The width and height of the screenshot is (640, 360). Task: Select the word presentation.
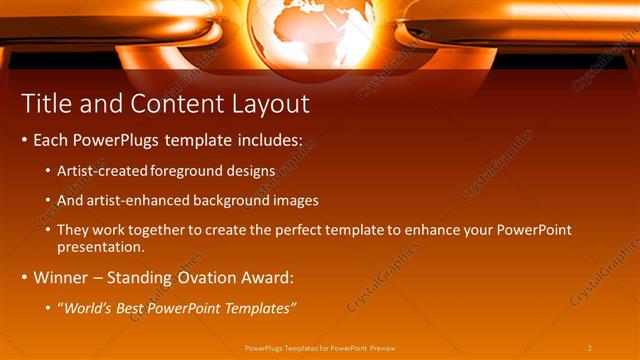[100, 246]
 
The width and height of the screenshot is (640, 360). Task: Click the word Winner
[62, 276]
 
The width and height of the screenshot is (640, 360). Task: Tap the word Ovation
[205, 276]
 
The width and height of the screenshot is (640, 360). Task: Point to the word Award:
[267, 276]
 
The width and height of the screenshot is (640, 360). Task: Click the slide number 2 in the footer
[590, 347]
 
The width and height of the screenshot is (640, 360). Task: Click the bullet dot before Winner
[25, 277]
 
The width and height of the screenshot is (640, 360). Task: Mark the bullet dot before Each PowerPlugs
[25, 142]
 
